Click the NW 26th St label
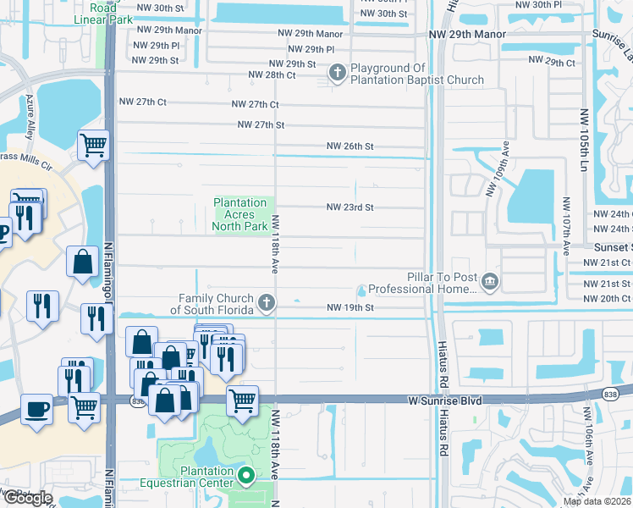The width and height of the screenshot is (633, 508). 350,146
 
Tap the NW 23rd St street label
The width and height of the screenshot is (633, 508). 350,207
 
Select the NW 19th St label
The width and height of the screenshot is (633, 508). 350,307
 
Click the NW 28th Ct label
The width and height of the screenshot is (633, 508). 272,75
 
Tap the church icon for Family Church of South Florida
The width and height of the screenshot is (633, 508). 266,303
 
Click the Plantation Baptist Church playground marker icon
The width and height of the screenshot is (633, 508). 337,74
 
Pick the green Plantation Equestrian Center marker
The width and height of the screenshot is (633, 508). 246,477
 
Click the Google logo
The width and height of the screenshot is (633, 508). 27,498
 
